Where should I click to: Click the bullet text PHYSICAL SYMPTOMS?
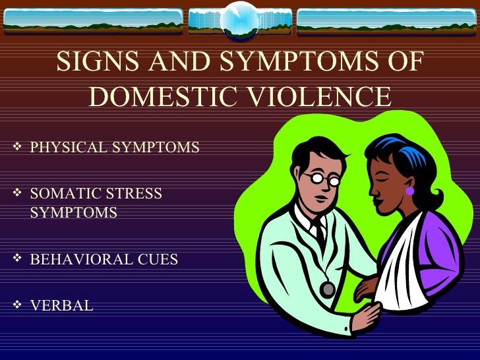pyautogui.click(x=115, y=147)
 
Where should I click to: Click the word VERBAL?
pyautogui.click(x=62, y=305)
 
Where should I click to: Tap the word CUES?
pyautogui.click(x=158, y=259)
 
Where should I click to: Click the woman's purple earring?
pyautogui.click(x=409, y=192)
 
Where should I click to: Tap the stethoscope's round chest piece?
pyautogui.click(x=327, y=289)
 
